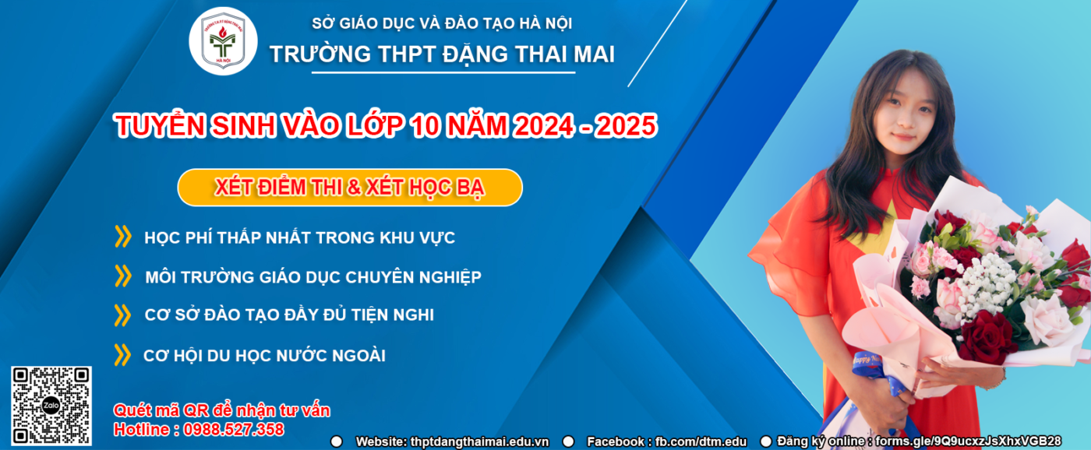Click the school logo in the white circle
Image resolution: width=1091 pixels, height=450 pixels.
[223, 40]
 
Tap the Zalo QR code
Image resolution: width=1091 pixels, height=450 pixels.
[51, 406]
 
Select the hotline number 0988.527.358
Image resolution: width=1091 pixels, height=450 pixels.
[234, 429]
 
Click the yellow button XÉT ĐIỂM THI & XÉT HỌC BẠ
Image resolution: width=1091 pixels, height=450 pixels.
[349, 188]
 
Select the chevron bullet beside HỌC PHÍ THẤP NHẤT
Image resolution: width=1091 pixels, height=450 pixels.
[123, 236]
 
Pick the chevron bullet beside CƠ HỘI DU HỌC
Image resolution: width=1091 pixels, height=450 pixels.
[123, 355]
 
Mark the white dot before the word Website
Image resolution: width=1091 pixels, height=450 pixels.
[337, 441]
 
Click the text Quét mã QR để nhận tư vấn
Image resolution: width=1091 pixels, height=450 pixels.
[222, 410]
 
